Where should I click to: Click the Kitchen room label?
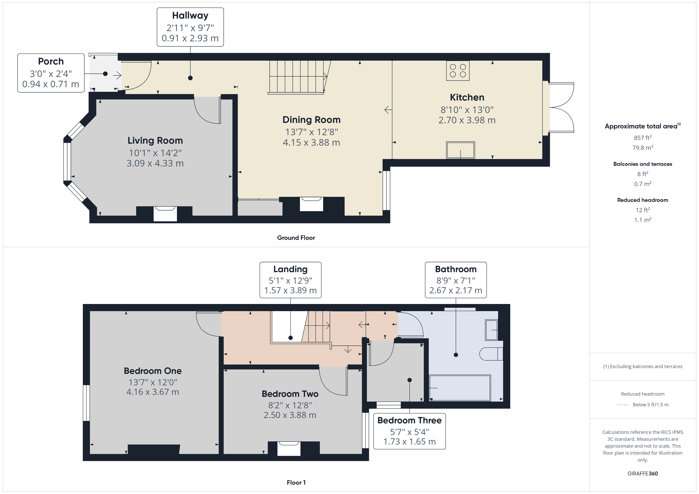[x=467, y=97]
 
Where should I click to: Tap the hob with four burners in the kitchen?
[x=457, y=71]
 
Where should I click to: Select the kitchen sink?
[x=460, y=150]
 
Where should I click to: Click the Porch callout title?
[x=51, y=61]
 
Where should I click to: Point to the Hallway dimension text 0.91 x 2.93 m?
[x=190, y=38]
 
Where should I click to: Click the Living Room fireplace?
[x=165, y=214]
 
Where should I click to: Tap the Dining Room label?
[x=311, y=120]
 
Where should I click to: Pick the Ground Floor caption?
[x=296, y=238]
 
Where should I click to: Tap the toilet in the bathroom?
[x=491, y=354]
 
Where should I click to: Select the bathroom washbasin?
[x=491, y=330]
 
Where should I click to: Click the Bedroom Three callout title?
[x=410, y=420]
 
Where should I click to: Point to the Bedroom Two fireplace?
[x=289, y=449]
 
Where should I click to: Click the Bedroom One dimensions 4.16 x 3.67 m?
[x=153, y=392]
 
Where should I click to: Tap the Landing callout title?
[x=290, y=269]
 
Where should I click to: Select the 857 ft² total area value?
[x=643, y=138]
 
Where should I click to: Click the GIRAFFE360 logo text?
[x=643, y=474]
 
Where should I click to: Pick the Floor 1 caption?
[x=296, y=483]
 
